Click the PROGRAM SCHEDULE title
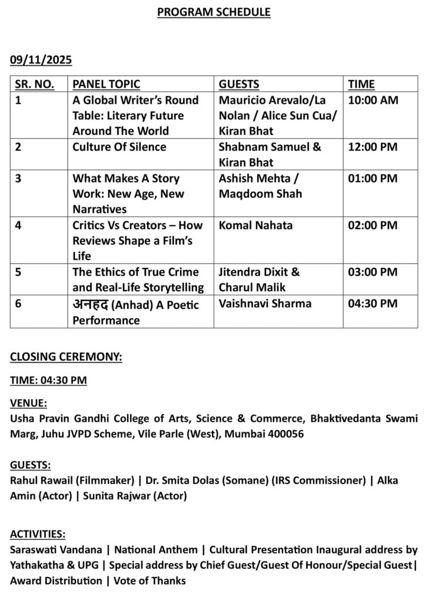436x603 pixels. pos(214,12)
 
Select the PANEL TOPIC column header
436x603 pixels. pos(106,84)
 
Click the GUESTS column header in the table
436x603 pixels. pos(239,84)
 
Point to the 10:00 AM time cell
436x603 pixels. pos(373,100)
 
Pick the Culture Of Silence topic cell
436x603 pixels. pos(119,147)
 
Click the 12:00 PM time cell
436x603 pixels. pos(373,147)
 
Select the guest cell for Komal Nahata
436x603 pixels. pos(255,226)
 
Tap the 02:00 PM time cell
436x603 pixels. pos(373,226)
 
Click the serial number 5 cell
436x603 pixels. pos(18,273)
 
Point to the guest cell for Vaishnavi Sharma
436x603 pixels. pos(265,304)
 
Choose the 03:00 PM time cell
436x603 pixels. pos(373,273)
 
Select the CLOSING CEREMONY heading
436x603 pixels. pos(66,357)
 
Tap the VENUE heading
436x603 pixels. pos(29,403)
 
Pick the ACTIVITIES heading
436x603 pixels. pos(38,534)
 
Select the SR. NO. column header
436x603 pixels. pos(35,84)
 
